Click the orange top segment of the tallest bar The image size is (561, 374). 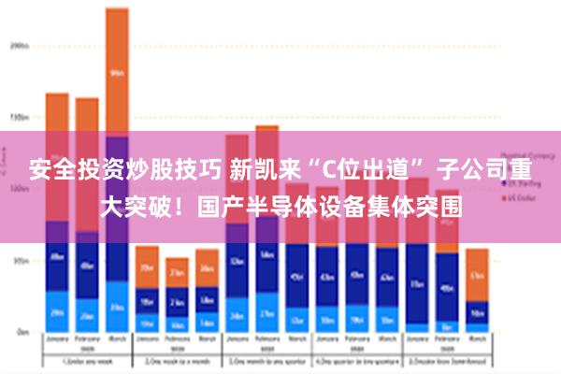tap(117, 70)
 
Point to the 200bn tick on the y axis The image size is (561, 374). tap(18, 44)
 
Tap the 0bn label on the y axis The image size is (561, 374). tap(20, 332)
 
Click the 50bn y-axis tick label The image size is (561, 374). tap(19, 261)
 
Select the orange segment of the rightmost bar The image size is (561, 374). tap(477, 274)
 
